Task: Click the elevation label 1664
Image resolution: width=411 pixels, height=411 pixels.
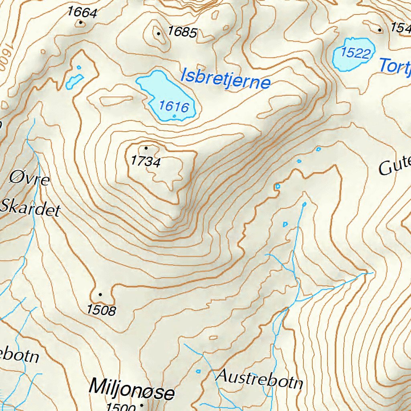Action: [x=82, y=12]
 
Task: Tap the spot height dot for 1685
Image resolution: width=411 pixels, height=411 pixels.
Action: [x=159, y=34]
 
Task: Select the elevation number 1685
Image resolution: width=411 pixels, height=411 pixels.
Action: [x=182, y=31]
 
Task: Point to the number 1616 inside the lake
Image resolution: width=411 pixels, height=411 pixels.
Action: [x=173, y=106]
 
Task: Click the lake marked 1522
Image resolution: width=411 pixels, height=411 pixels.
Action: [x=353, y=54]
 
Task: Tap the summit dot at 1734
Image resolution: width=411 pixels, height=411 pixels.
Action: [x=146, y=148]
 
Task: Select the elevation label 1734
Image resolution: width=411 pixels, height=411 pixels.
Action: [x=145, y=162]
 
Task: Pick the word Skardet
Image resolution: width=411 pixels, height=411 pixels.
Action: [x=31, y=208]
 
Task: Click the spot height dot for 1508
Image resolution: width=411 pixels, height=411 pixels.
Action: [x=100, y=295]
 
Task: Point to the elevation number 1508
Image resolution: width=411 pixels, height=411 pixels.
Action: [x=101, y=310]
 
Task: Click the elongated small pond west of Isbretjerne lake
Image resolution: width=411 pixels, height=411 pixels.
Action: [x=74, y=81]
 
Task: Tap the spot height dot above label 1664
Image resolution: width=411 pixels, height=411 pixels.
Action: [x=81, y=22]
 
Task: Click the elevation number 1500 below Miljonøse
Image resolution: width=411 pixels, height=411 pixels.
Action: [x=120, y=407]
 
